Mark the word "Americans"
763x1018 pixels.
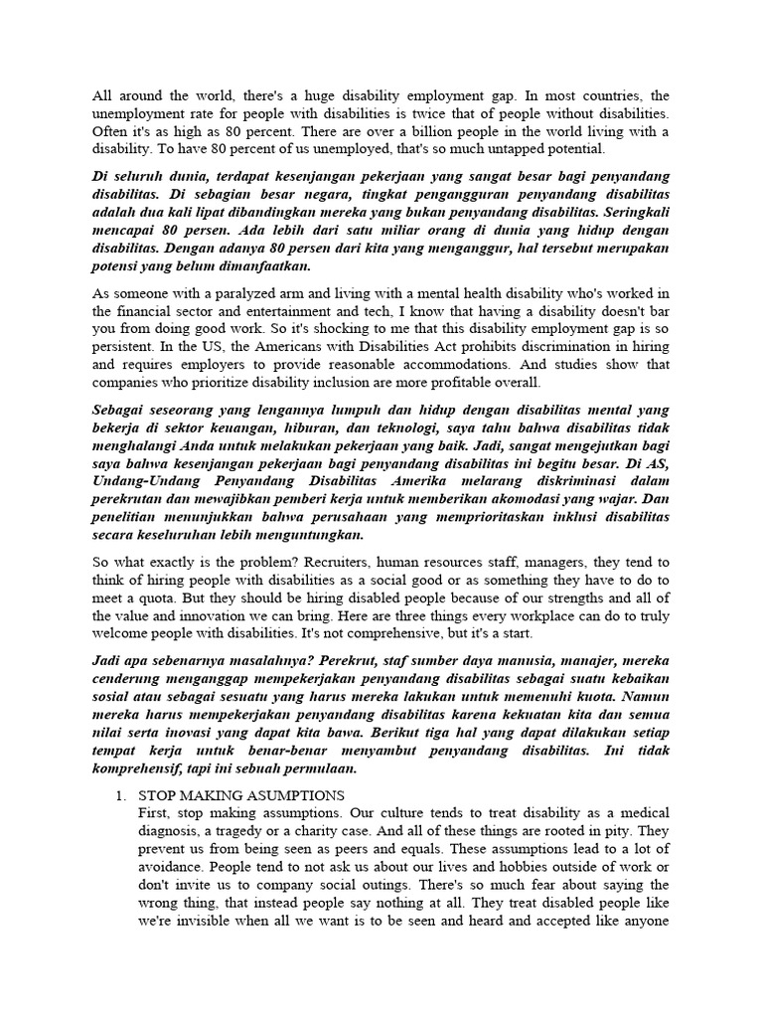tap(313, 346)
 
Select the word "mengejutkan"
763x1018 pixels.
tap(573, 445)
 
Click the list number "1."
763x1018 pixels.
tap(123, 795)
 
